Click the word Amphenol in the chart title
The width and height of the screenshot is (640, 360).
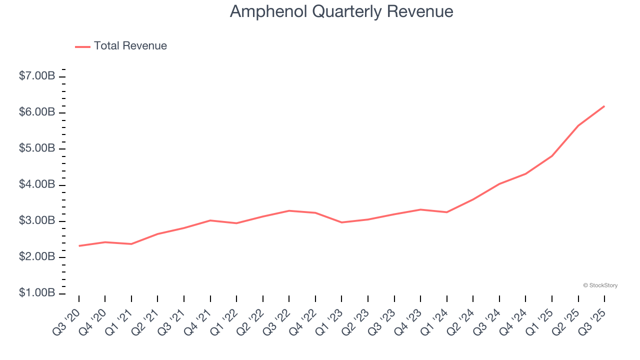(x=268, y=12)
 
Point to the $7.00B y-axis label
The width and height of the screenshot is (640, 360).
(x=37, y=76)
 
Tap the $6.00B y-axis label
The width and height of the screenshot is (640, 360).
(x=37, y=112)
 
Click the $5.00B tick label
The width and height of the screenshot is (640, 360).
(x=37, y=149)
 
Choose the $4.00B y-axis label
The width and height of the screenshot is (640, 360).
(x=37, y=185)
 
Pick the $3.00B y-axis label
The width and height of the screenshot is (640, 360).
(x=37, y=221)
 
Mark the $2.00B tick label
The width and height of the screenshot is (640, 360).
(x=37, y=257)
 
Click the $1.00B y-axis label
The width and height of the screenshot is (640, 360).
(x=37, y=293)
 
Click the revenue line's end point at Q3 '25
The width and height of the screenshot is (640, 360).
(x=604, y=106)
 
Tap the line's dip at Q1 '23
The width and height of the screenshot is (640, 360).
(x=341, y=222)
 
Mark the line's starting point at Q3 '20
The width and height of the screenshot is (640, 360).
(x=79, y=246)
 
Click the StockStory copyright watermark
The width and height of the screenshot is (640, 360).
(x=600, y=285)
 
